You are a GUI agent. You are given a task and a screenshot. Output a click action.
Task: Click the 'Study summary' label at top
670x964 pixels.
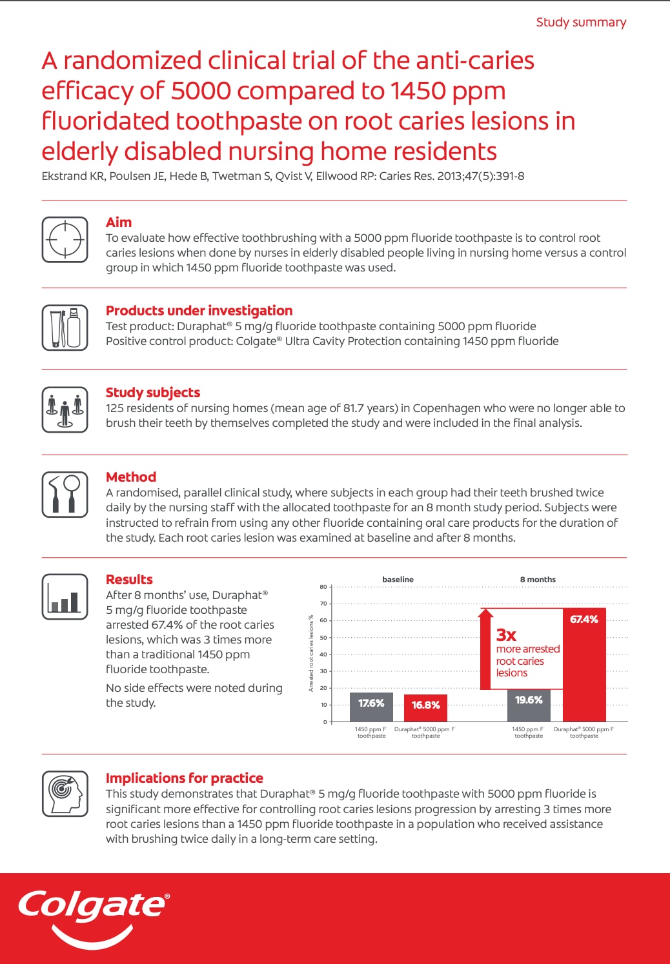click(581, 22)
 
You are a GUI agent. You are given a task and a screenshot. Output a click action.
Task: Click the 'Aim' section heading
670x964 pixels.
click(119, 222)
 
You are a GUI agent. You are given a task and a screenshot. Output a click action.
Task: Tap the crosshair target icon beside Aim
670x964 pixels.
click(65, 240)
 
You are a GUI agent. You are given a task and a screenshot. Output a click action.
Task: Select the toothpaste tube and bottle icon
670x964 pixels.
click(65, 328)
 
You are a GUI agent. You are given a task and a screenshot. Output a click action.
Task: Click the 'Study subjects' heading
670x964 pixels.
click(153, 393)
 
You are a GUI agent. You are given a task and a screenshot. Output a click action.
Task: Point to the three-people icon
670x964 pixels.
click(65, 409)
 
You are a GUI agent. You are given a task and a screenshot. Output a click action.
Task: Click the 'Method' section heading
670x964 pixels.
click(131, 477)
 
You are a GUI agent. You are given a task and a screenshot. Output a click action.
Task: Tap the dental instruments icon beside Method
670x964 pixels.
click(65, 495)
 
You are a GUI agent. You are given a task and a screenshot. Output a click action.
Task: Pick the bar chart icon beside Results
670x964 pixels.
click(65, 597)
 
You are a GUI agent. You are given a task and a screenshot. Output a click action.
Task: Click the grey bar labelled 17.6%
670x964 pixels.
click(371, 707)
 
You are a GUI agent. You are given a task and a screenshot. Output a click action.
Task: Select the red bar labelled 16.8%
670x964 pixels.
click(425, 708)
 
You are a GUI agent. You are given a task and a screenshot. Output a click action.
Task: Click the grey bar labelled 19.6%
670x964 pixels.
click(529, 705)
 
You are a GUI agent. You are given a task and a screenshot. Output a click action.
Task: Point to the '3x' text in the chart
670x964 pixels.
click(506, 635)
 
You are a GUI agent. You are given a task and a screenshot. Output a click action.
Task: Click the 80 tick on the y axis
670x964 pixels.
click(323, 587)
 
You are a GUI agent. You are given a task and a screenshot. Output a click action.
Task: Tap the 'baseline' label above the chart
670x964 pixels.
click(398, 580)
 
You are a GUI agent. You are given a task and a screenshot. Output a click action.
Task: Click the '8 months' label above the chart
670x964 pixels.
click(538, 580)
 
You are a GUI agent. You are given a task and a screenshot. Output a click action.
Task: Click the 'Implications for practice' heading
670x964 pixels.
click(185, 778)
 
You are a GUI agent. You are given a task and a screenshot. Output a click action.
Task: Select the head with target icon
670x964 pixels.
click(65, 794)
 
